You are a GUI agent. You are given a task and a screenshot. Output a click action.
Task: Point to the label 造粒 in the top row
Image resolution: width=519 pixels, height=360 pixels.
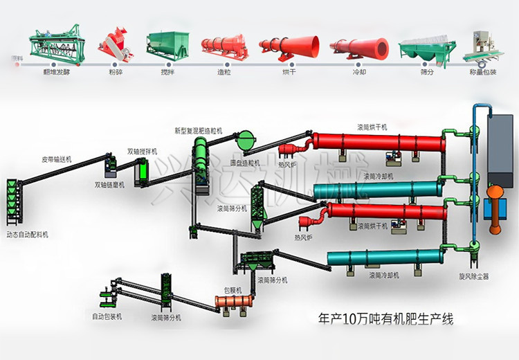pos(220,70)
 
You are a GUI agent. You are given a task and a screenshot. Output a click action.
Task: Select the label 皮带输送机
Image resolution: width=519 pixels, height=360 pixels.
pos(57,159)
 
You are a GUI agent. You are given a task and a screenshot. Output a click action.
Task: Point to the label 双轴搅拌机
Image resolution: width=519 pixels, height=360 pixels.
pos(142,150)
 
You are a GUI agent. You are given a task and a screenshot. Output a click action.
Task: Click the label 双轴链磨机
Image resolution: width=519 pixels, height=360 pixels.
pos(110,185)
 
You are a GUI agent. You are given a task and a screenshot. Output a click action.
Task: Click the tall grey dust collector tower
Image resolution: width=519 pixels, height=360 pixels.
pos(501,149)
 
